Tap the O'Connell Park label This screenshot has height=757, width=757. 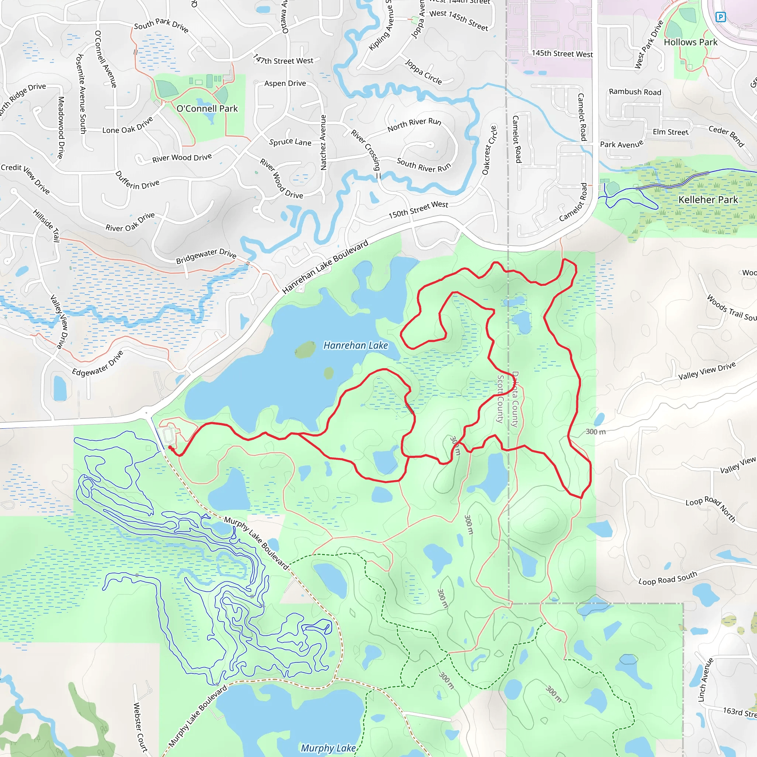(x=207, y=109)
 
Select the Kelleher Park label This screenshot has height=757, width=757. (x=708, y=200)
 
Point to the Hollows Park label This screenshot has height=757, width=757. (x=690, y=42)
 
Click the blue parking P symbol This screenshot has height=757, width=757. (x=720, y=17)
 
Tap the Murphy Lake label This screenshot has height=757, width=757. (x=328, y=748)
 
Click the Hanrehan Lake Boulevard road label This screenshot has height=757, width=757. (x=325, y=267)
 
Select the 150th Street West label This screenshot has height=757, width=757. (x=418, y=210)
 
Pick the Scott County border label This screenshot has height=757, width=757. (x=500, y=399)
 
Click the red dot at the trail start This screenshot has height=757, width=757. (x=170, y=448)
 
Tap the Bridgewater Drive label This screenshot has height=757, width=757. (x=206, y=256)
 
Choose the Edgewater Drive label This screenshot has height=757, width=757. (x=98, y=363)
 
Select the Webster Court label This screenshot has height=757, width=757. (x=140, y=727)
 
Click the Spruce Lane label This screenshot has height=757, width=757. (x=290, y=142)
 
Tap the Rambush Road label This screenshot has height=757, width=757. (x=635, y=92)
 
